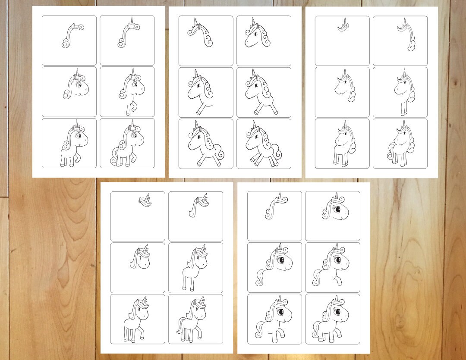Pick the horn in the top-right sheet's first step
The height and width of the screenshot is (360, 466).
point(344,22)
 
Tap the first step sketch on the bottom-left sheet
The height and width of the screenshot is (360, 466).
point(145,199)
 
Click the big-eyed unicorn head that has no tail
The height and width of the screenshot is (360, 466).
point(334,209)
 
